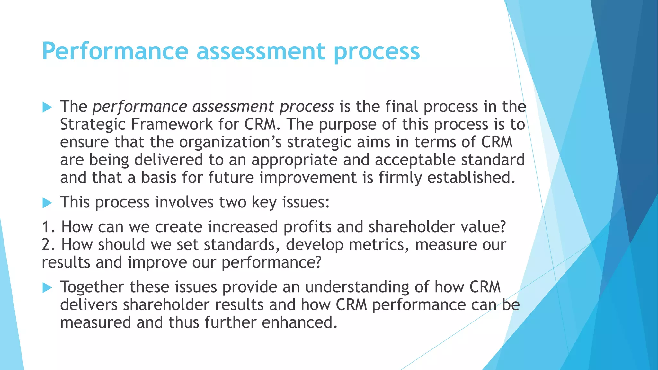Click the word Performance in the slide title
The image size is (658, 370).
point(115,51)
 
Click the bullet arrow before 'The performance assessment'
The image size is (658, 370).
point(47,107)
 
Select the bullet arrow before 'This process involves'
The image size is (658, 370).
point(47,203)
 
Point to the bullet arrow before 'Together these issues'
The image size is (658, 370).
point(47,287)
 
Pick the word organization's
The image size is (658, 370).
point(230,143)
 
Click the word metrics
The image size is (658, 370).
point(379,245)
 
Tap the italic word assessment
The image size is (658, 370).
point(233,107)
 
